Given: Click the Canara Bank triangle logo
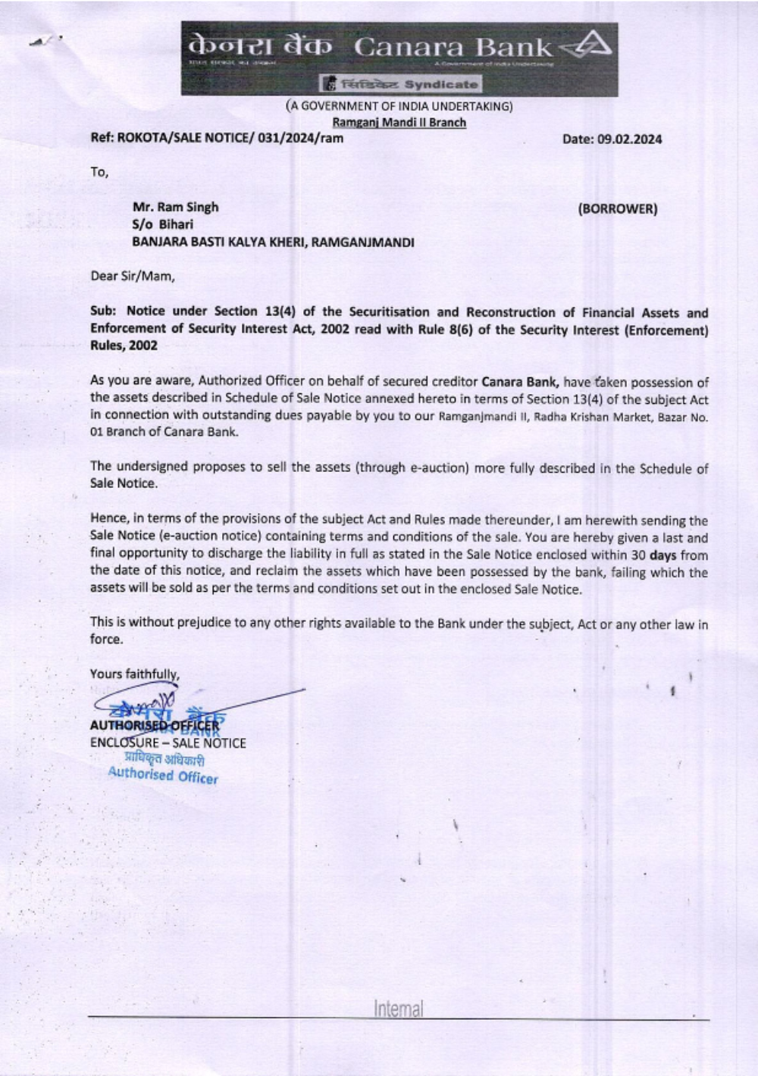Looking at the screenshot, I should (592, 47).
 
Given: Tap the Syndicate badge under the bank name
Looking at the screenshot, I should (401, 84).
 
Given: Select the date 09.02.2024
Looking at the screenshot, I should (612, 139).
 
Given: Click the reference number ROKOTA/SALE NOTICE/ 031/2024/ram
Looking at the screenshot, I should (217, 138).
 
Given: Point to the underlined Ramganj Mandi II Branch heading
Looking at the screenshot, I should (399, 122).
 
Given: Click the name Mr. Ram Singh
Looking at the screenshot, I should (175, 207).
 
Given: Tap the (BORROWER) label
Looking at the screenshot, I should (617, 208).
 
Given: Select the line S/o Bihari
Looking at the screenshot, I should (162, 224).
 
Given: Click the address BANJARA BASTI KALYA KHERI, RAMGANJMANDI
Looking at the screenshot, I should (273, 242).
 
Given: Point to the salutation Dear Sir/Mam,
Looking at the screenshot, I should (133, 276).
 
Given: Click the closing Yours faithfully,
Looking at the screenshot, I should (135, 674).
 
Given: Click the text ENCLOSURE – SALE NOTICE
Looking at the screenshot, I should (168, 743).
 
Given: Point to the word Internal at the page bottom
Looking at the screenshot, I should (398, 1009).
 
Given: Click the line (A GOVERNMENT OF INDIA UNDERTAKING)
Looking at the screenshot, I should (399, 106).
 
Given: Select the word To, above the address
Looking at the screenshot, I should (99, 172).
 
